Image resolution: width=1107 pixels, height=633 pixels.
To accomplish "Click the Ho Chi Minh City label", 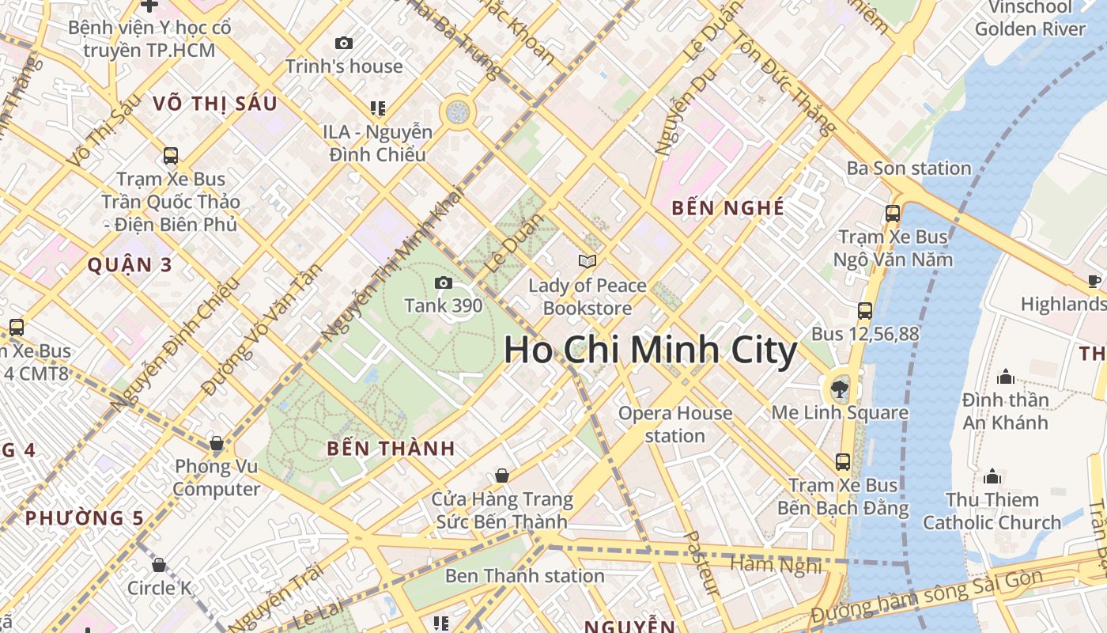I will pos(650,351).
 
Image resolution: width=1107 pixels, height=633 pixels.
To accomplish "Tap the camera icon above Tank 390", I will pos(444,282).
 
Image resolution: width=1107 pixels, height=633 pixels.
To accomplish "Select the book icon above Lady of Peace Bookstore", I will pos(587,261).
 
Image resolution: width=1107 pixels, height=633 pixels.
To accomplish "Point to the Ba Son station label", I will pos(909,168).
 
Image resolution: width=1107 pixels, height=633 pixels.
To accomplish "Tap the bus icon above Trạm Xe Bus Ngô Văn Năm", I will pos(893,213).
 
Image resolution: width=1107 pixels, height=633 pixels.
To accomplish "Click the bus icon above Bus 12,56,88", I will pos(865,310).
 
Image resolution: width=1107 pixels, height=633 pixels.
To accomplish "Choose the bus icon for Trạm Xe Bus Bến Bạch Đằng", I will pos(843,461).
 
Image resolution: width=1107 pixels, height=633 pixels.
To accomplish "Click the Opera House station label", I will pos(675,424).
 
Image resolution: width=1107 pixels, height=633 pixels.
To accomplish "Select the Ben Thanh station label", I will pos(524,575).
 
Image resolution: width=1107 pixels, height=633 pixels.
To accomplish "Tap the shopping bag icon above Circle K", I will pos(159,565).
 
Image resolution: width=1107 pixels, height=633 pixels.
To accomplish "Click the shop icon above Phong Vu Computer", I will pos(216,443).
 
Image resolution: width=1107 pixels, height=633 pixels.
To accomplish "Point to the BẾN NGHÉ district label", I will pos(727,208).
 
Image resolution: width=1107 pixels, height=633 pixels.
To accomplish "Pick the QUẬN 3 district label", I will pos(130,265).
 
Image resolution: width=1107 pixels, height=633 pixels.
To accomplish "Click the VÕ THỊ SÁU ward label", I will pos(215,104).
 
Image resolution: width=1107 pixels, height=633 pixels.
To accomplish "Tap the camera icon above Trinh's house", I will pos(344,44).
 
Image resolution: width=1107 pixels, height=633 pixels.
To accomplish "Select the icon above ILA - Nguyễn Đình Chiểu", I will pos(377,108).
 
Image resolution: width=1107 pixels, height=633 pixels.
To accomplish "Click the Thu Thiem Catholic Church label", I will pos(992,511).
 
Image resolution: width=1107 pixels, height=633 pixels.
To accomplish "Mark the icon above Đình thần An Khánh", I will pos(1005,376).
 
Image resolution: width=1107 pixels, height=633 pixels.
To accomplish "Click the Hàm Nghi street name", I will pos(777,563).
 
